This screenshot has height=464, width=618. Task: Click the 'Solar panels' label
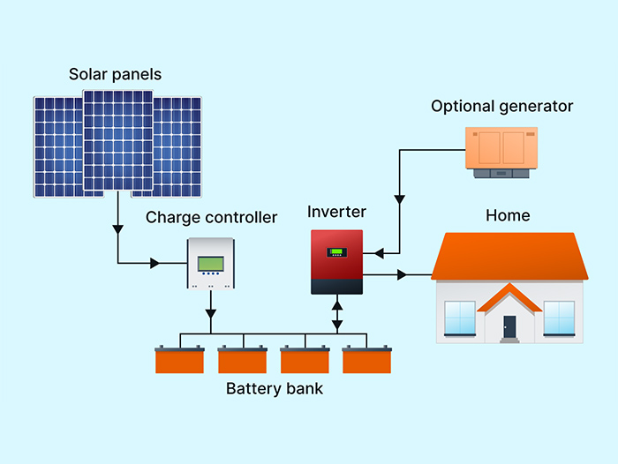click(x=115, y=74)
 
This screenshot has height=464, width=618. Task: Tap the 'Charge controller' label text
click(x=211, y=217)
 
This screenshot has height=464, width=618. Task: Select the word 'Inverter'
click(x=336, y=212)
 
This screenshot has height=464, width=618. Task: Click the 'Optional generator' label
click(x=501, y=107)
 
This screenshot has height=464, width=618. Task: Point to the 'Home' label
click(x=508, y=215)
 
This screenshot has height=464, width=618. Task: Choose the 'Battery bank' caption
click(x=275, y=389)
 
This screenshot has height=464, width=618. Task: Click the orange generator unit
click(x=501, y=147)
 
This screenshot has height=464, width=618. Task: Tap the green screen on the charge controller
click(x=211, y=263)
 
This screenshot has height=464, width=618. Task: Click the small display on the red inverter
click(x=336, y=252)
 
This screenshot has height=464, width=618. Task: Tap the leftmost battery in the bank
click(x=179, y=360)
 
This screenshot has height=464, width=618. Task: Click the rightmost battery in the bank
click(x=366, y=360)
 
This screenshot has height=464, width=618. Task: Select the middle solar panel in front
click(x=117, y=140)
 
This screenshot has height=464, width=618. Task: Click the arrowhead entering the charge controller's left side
click(x=156, y=263)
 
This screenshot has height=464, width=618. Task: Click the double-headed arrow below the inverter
click(x=336, y=315)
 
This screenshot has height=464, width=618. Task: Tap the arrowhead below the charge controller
click(x=210, y=312)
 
